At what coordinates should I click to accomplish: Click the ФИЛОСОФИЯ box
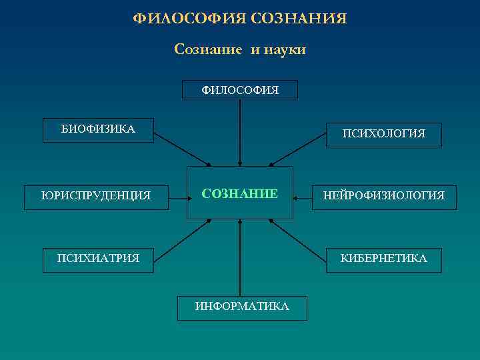click(239, 89)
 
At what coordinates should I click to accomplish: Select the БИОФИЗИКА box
click(98, 130)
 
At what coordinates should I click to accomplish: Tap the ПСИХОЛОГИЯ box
click(383, 134)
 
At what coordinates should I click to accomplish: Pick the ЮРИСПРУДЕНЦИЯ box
click(96, 197)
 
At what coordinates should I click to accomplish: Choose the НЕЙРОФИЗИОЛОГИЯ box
click(383, 197)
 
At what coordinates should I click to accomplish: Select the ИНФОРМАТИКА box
click(242, 307)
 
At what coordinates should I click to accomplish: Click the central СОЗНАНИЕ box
click(239, 193)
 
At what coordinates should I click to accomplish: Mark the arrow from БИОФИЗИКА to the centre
click(181, 149)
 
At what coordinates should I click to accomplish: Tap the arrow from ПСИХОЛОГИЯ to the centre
click(299, 151)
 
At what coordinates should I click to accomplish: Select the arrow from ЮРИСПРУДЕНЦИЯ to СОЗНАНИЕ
click(177, 197)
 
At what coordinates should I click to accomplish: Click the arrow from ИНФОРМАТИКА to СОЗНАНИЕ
click(239, 257)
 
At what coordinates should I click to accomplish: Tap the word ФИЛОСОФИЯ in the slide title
click(190, 19)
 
